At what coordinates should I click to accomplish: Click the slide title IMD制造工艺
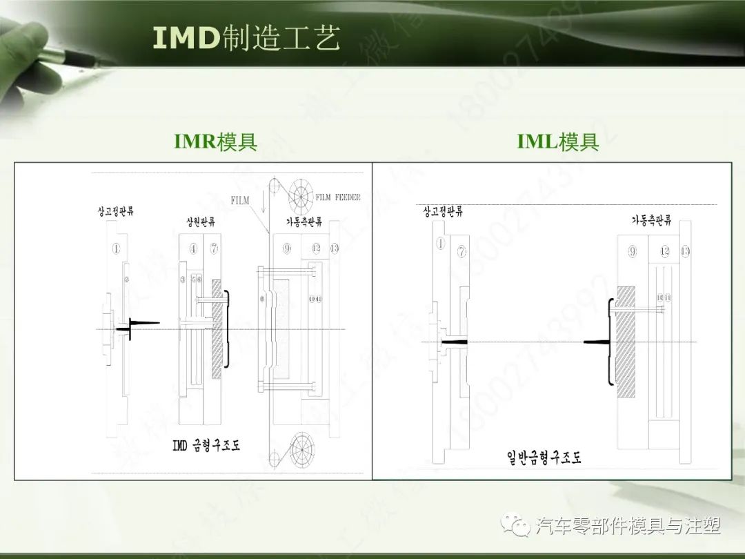(246, 39)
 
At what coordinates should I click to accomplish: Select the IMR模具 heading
(216, 142)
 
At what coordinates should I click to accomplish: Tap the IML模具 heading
(558, 142)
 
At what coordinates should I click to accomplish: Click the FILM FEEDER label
(338, 197)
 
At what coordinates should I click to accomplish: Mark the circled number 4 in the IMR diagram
(193, 248)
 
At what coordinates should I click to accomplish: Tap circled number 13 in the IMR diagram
(335, 248)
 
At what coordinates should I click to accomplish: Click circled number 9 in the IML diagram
(632, 252)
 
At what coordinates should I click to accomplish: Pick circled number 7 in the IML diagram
(462, 252)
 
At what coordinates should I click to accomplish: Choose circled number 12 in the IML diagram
(664, 252)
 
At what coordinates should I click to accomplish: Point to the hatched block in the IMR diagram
(217, 328)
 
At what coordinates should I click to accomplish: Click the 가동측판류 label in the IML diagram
(652, 220)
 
